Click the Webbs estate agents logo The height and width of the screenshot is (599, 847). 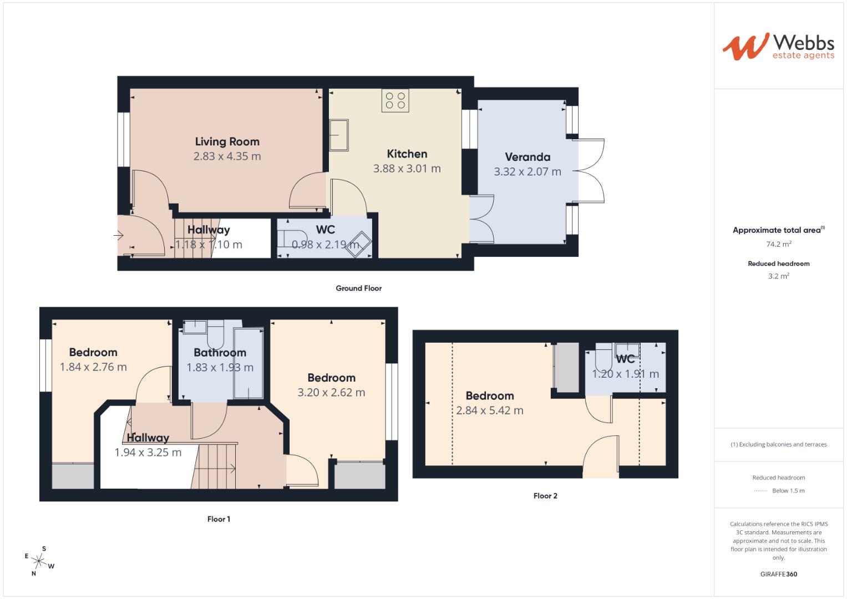[x=778, y=46]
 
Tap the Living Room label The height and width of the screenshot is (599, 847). [x=227, y=141]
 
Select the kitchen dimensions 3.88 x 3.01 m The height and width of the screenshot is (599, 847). [x=407, y=169]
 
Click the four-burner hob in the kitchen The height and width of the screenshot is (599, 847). [x=395, y=100]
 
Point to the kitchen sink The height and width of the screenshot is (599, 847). [x=339, y=135]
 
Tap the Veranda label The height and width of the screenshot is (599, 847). [x=527, y=157]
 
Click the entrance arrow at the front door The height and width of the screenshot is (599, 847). [x=118, y=236]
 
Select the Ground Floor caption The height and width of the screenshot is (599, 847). [x=358, y=288]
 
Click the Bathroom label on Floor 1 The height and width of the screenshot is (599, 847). [x=220, y=353]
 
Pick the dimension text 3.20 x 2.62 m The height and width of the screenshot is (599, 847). [x=331, y=393]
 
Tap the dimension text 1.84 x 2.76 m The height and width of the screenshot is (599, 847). [x=93, y=367]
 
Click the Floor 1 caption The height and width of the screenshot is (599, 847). [x=219, y=519]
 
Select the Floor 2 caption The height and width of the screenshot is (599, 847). [x=545, y=496]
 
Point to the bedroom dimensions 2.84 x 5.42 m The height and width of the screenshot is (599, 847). [x=489, y=411]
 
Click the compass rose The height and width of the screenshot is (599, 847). [x=39, y=561]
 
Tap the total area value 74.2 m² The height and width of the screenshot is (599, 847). [x=778, y=244]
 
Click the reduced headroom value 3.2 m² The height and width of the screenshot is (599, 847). [x=778, y=276]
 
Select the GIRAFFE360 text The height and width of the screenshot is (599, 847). [x=778, y=574]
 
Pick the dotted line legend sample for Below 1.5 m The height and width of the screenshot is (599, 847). [x=760, y=491]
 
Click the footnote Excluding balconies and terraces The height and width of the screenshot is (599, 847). [x=778, y=444]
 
